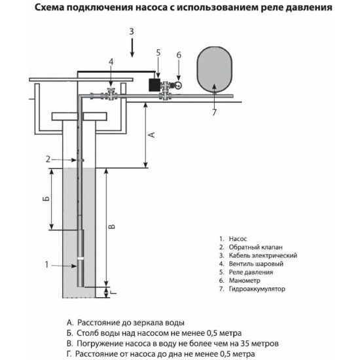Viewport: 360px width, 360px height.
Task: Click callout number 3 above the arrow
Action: pyautogui.click(x=131, y=31)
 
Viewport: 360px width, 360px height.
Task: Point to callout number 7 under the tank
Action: pyautogui.click(x=213, y=113)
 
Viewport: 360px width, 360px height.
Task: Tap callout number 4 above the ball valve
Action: pyautogui.click(x=111, y=62)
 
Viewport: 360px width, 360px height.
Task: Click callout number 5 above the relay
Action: pyautogui.click(x=158, y=52)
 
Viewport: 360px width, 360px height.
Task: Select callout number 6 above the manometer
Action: pyautogui.click(x=178, y=56)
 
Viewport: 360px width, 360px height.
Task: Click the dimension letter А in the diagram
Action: pyautogui.click(x=152, y=135)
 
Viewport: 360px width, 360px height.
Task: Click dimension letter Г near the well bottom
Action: pyautogui.click(x=113, y=292)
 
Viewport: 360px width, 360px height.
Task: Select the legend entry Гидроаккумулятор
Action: pyautogui.click(x=257, y=289)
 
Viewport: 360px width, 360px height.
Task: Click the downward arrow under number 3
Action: pyautogui.click(x=131, y=48)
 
